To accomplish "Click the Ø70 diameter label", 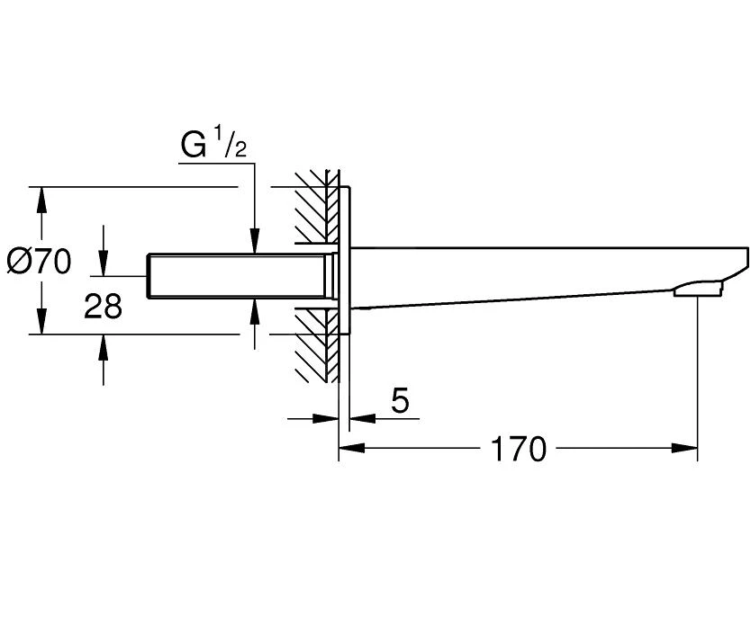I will click(x=39, y=262).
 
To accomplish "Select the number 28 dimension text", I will click(x=103, y=308).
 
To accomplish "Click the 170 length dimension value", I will click(x=519, y=449).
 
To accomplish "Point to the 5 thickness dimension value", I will click(x=401, y=401).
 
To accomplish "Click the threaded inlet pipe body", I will click(x=239, y=277).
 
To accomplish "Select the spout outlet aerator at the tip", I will click(x=697, y=289).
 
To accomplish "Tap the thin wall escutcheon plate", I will click(x=345, y=261).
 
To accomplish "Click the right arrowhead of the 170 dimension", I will click(x=688, y=447).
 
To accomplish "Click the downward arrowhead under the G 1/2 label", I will click(x=256, y=244).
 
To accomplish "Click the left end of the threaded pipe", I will click(x=149, y=277).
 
